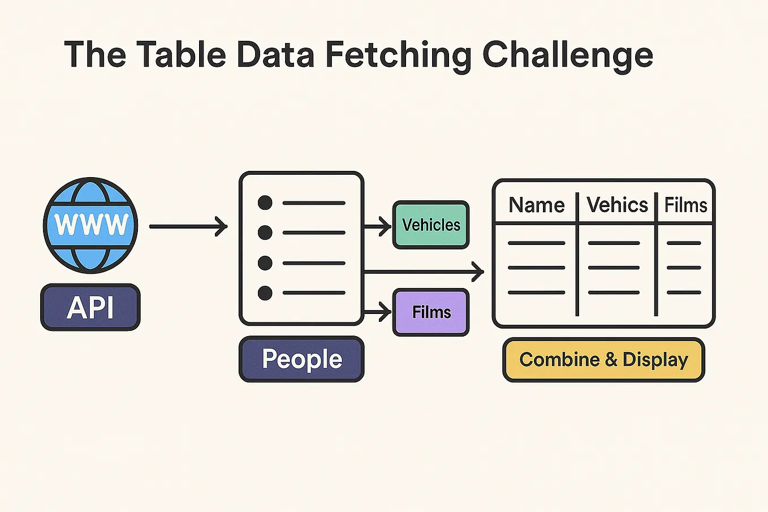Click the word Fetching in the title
[x=398, y=55]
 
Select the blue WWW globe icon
[x=90, y=225]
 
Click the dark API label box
[x=90, y=308]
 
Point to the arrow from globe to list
[x=188, y=227]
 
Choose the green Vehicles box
[x=431, y=225]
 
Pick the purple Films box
[x=431, y=312]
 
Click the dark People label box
[x=301, y=359]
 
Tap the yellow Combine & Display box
[x=603, y=360]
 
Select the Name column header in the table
[x=536, y=205]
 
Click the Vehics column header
[x=617, y=205]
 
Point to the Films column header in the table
[x=685, y=205]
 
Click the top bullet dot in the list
[x=265, y=203]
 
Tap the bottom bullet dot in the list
[x=265, y=293]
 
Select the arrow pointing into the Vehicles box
[x=377, y=227]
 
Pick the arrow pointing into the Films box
[x=377, y=312]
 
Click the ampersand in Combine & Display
[x=611, y=360]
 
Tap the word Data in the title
[x=275, y=55]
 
